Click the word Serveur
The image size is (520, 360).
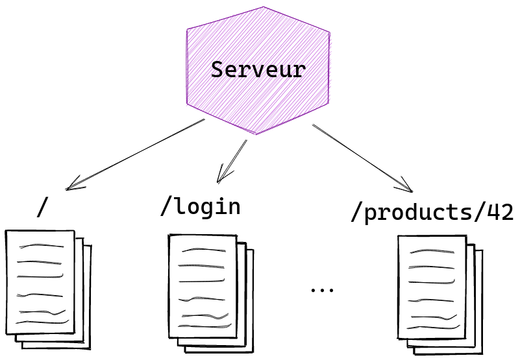pyautogui.click(x=258, y=69)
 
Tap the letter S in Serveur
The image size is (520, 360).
pyautogui.click(x=217, y=69)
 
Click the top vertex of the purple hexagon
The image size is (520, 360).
pyautogui.click(x=264, y=7)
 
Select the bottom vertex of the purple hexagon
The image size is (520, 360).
pyautogui.click(x=255, y=134)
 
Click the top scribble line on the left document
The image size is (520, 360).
pyautogui.click(x=42, y=246)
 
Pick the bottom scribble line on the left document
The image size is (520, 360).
pyautogui.click(x=42, y=322)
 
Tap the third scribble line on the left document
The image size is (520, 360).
pyautogui.click(x=40, y=276)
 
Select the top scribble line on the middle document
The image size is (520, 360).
pyautogui.click(x=203, y=250)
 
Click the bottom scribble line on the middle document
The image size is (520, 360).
pyautogui.click(x=204, y=326)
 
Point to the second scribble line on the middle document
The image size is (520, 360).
pyautogui.click(x=201, y=266)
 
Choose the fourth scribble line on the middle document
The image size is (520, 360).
pyautogui.click(x=203, y=299)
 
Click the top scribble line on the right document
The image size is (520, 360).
pyautogui.click(x=432, y=251)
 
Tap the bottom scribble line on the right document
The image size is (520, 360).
pyautogui.click(x=434, y=326)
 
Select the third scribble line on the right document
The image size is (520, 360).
pyautogui.click(x=432, y=282)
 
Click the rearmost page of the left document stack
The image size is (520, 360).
pyautogui.click(x=88, y=298)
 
